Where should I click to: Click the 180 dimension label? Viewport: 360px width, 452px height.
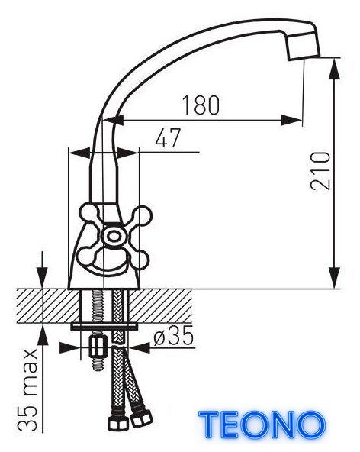click(201, 105)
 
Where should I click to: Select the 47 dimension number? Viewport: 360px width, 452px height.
click(168, 137)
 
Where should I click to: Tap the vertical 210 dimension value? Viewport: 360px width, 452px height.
click(320, 171)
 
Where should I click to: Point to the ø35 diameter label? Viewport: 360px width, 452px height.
click(173, 337)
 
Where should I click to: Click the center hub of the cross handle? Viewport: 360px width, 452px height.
click(114, 237)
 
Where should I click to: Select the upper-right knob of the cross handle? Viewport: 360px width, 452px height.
click(142, 216)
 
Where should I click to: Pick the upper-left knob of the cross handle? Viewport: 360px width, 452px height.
click(88, 214)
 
